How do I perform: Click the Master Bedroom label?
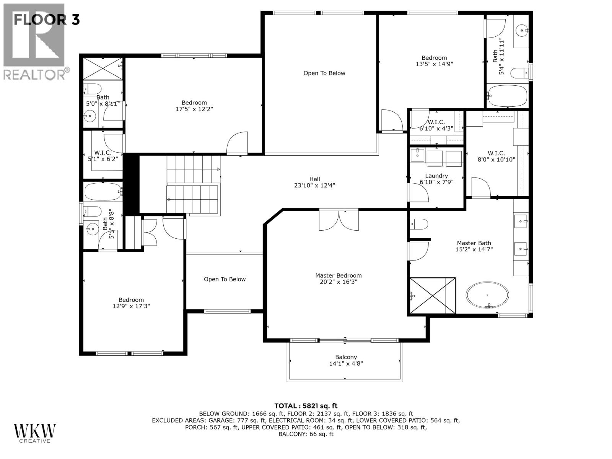[338, 275]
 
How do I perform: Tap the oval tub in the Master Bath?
[487, 295]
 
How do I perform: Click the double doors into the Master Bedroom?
[339, 221]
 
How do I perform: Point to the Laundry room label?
[436, 176]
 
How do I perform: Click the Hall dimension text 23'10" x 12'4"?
[314, 186]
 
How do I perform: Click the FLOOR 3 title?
[46, 20]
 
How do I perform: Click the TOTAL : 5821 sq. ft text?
[306, 406]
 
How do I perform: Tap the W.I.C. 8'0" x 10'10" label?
[496, 156]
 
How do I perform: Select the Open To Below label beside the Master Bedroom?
[225, 279]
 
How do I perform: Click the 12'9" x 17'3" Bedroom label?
[131, 303]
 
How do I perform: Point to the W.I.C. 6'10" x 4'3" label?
[436, 125]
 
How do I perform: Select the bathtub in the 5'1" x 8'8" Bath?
[103, 192]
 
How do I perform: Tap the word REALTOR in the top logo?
[34, 74]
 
